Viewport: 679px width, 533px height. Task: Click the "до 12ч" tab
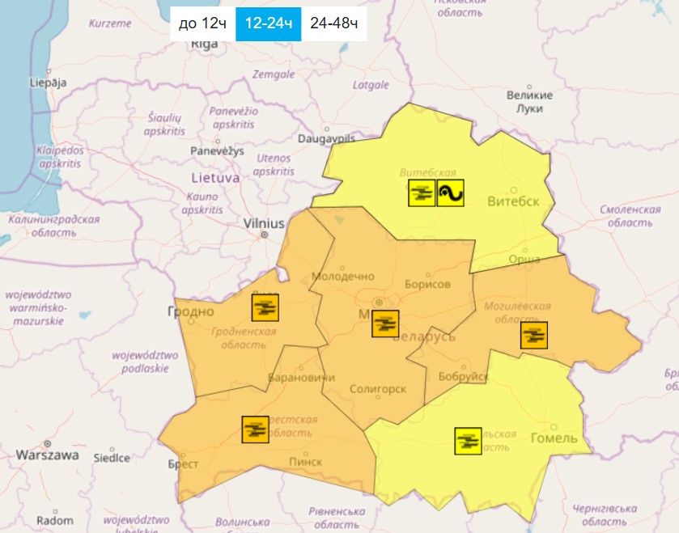(202, 23)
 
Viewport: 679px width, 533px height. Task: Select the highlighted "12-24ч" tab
(268, 23)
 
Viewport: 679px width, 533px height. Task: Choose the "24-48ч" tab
(333, 23)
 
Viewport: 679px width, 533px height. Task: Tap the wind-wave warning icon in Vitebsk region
(450, 193)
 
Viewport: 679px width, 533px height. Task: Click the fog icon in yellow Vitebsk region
(422, 193)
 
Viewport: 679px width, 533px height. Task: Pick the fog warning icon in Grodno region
(265, 307)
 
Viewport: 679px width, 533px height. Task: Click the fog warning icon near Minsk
(385, 324)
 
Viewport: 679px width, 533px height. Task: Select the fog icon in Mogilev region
(533, 335)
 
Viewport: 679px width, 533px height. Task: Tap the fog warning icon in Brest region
(256, 429)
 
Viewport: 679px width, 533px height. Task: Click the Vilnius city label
(265, 223)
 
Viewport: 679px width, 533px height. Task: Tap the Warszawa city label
(48, 455)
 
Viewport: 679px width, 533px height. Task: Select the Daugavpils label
(326, 138)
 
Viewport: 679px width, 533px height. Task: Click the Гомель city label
(554, 438)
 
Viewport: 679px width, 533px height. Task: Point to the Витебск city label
(513, 201)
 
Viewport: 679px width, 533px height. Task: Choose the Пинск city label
(304, 461)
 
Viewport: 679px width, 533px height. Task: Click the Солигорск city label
(378, 389)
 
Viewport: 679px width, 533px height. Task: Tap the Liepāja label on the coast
(48, 82)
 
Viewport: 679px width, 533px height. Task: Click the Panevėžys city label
(217, 151)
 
